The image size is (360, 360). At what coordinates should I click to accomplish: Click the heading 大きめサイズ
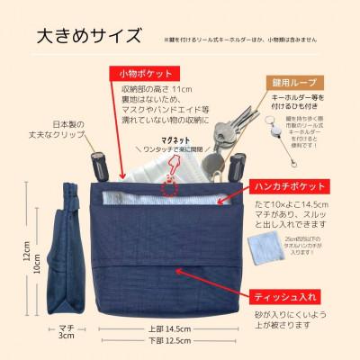(x=88, y=37)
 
